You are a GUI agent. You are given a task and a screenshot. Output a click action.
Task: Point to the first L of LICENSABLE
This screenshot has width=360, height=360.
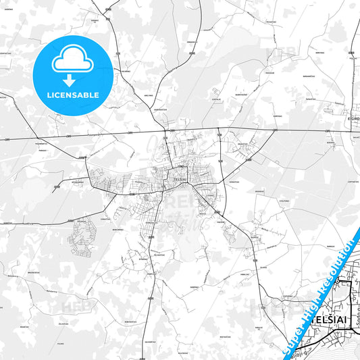(x=47, y=95)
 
